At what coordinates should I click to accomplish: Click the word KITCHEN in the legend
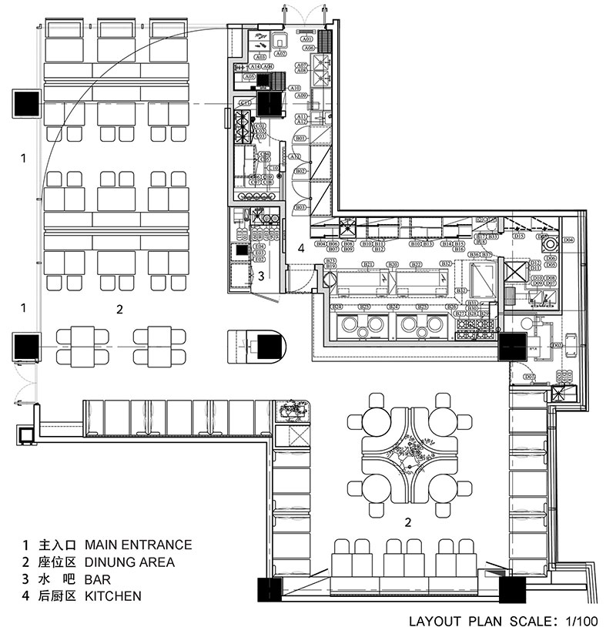112,595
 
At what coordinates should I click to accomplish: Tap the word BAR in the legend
97,578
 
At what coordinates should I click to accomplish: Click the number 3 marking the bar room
261,275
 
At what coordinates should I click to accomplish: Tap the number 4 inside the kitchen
302,247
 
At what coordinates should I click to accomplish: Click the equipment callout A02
281,54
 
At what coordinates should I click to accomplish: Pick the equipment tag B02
301,170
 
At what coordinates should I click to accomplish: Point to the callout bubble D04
568,240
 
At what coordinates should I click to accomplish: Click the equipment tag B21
368,265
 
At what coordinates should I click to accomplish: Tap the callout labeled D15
519,237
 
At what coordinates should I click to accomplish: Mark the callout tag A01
306,39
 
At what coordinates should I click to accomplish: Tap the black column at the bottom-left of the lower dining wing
269,592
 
